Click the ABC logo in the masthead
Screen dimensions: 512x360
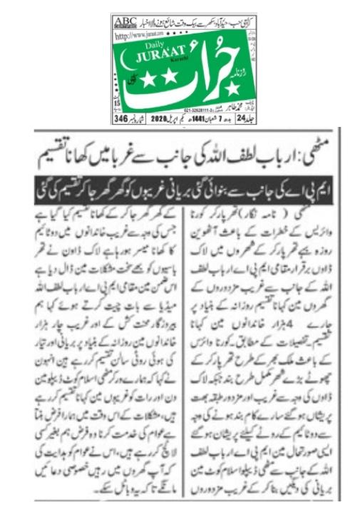point(125,20)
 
